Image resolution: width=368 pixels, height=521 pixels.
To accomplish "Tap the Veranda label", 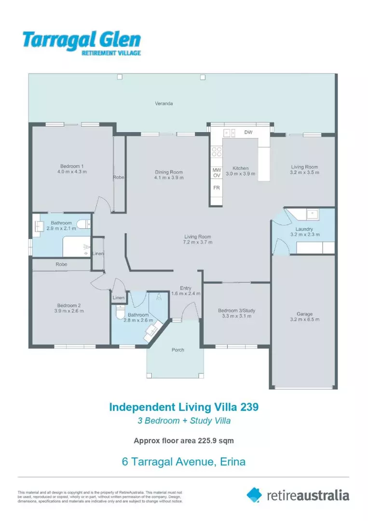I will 164,103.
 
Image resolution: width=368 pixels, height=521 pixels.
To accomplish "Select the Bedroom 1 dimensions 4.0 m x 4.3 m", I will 69,172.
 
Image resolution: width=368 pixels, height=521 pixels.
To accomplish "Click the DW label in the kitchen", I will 248,132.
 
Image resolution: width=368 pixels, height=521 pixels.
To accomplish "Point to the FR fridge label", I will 217,188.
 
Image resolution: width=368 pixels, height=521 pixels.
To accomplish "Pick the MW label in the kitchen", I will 217,170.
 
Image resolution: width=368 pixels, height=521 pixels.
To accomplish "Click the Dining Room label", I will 169,172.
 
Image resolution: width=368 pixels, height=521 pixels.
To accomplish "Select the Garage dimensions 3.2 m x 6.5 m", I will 304,319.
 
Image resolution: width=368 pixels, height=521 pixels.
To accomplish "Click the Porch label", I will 178,350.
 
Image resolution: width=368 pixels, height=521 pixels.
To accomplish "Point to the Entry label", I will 186,288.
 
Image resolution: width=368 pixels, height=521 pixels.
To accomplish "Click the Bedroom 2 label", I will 68,305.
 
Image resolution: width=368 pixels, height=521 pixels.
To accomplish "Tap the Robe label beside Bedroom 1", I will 119,178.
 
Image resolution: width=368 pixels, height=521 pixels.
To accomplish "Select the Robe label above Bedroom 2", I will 61,264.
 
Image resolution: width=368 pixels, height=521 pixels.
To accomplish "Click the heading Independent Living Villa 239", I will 184,407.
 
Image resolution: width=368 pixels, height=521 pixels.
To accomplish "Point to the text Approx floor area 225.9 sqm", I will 184,440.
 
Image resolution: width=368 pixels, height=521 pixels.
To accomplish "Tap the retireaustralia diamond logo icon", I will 254,494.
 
